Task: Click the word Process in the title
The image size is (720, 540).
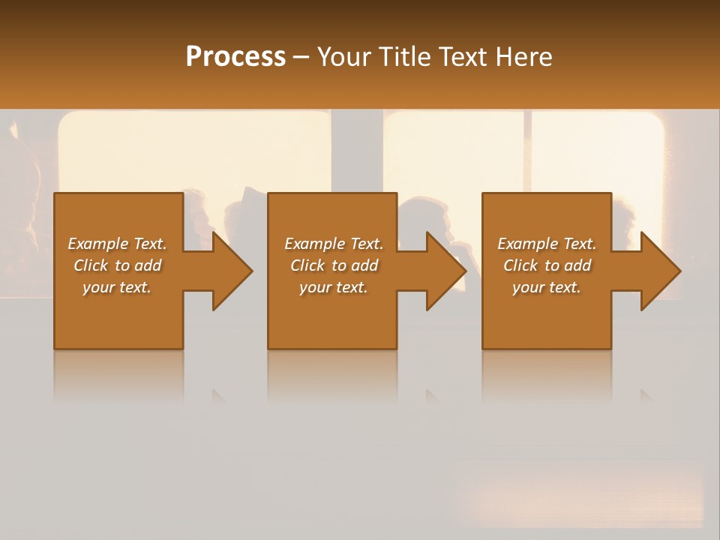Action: [235, 57]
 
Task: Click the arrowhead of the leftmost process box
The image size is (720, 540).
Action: [231, 271]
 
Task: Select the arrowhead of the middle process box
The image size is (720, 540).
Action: [445, 271]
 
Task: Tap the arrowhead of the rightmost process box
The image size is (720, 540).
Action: [659, 271]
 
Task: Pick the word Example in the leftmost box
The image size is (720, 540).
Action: [98, 244]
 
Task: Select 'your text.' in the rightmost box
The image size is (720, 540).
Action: [547, 287]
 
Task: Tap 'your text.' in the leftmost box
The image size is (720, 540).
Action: [117, 287]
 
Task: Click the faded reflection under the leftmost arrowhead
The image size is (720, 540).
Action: [219, 396]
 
